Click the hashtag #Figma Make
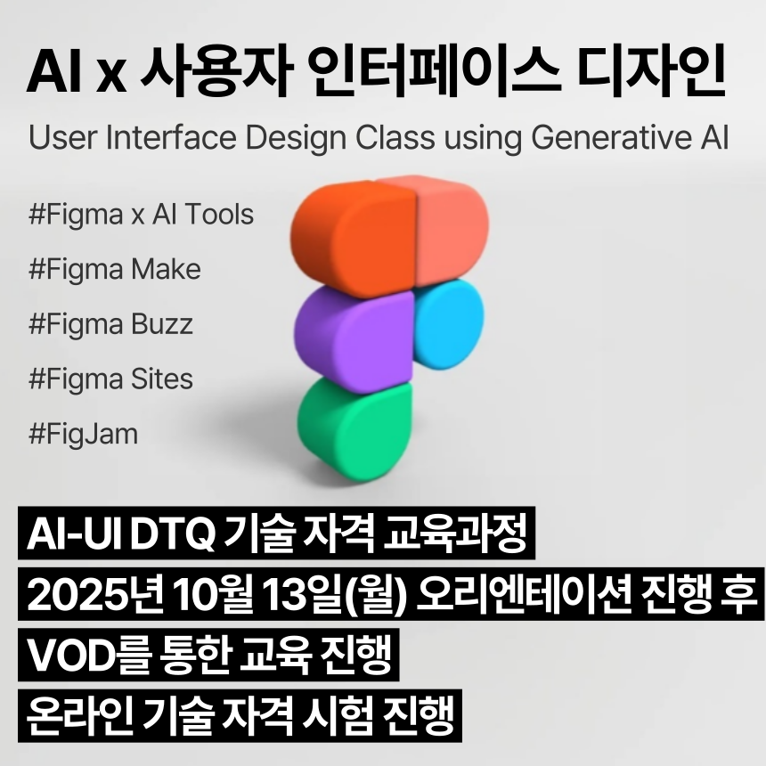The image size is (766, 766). click(x=115, y=270)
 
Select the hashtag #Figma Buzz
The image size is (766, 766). click(x=110, y=324)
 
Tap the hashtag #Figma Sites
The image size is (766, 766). click(x=110, y=379)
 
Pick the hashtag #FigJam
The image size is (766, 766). click(x=84, y=434)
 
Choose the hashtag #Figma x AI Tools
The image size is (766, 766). click(x=141, y=216)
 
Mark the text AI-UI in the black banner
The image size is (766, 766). click(x=76, y=535)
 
